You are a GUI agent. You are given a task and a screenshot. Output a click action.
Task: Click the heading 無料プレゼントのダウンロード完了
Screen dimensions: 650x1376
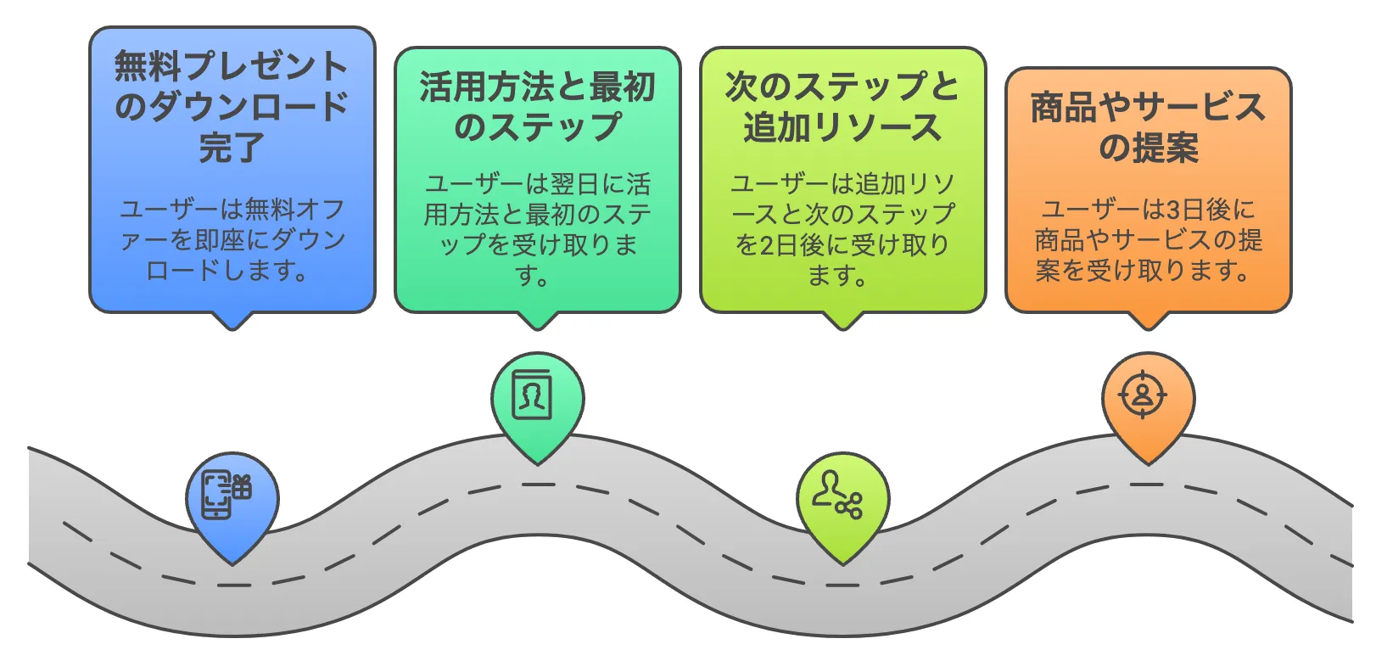point(232,106)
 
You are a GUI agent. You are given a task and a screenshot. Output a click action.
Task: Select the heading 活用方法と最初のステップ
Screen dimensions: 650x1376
point(537,106)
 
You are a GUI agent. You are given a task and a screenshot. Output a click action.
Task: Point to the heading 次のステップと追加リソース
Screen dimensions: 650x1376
point(842,106)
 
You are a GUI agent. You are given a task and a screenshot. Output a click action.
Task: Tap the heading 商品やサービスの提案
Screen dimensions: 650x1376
point(1147,127)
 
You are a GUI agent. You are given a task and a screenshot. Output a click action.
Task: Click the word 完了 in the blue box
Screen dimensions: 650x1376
point(232,147)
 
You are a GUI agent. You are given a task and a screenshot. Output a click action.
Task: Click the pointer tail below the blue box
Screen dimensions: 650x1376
point(232,321)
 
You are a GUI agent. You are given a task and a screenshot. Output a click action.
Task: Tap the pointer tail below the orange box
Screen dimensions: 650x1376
point(1147,321)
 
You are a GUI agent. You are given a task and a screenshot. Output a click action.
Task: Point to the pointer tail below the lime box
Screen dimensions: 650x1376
point(842,321)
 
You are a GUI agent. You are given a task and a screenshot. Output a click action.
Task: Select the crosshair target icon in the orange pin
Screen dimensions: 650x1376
point(1143,395)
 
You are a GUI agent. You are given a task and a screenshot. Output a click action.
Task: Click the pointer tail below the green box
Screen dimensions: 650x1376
point(537,321)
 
